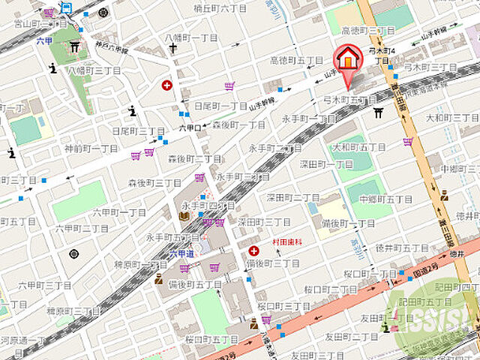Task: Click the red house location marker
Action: tap(346, 60)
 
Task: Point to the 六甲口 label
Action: tap(189, 128)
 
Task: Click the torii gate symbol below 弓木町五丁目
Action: tap(379, 112)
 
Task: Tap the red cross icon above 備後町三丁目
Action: tap(254, 250)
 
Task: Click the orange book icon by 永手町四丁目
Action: tap(184, 217)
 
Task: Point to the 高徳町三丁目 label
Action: tap(367, 31)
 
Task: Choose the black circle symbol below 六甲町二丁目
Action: tap(73, 253)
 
